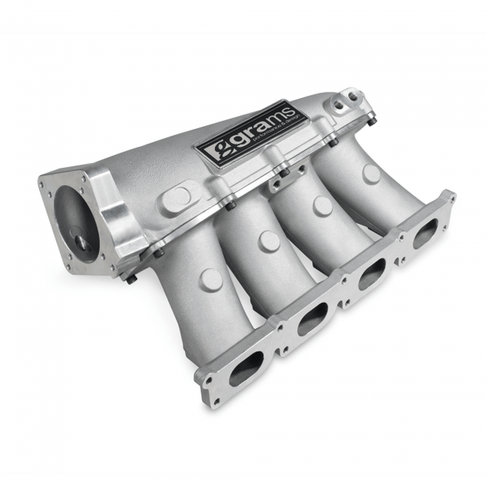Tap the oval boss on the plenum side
(179, 198)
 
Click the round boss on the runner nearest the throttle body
(211, 279)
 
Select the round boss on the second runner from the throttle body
(269, 241)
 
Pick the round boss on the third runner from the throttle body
(322, 205)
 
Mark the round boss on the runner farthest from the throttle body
(372, 174)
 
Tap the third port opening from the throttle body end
(371, 274)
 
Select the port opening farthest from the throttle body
(424, 234)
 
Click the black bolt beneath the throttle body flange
(131, 278)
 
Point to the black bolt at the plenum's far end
(370, 122)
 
